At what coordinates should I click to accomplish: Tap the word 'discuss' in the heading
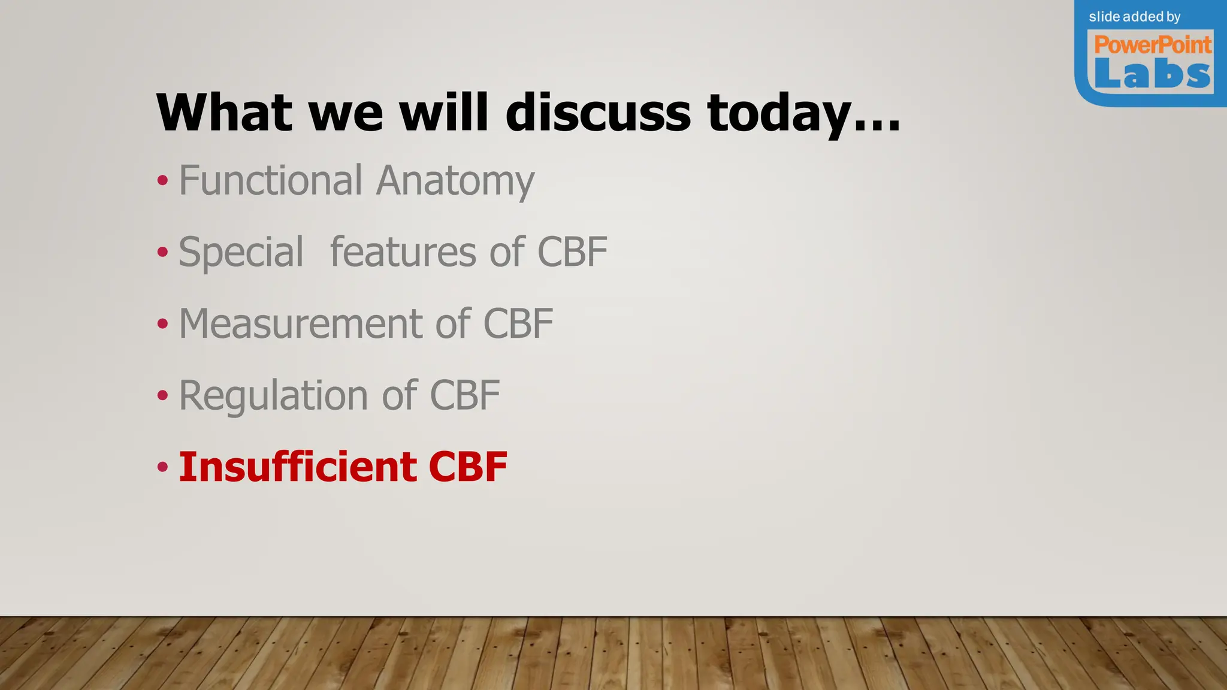598,113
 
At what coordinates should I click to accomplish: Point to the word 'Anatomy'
455,181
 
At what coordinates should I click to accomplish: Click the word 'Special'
241,252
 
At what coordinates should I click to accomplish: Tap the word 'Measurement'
302,323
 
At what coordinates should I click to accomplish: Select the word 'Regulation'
273,396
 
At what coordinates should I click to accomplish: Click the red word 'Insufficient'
298,467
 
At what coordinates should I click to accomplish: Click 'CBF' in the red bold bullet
468,467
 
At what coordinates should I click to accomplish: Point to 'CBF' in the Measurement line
518,323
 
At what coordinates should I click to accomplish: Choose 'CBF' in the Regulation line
465,395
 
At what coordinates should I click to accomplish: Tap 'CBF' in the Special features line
572,252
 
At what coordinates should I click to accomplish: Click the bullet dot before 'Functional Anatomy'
162,180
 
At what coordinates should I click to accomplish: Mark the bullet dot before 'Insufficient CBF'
162,467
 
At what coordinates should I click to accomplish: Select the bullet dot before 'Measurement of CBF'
162,324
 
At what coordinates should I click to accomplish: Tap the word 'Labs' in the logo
1152,75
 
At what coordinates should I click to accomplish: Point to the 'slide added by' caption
1135,17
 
